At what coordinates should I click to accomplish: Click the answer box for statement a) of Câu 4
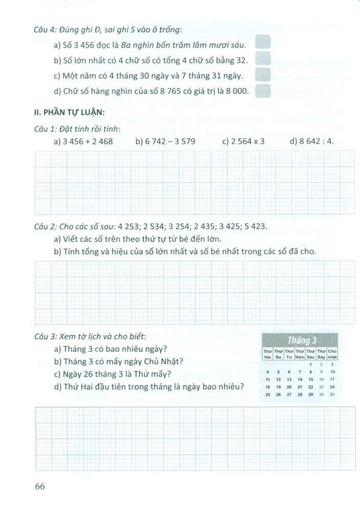262,42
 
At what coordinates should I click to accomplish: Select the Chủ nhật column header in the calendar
332,354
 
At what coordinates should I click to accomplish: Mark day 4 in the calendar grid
267,372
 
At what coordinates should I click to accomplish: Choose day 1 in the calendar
310,364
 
